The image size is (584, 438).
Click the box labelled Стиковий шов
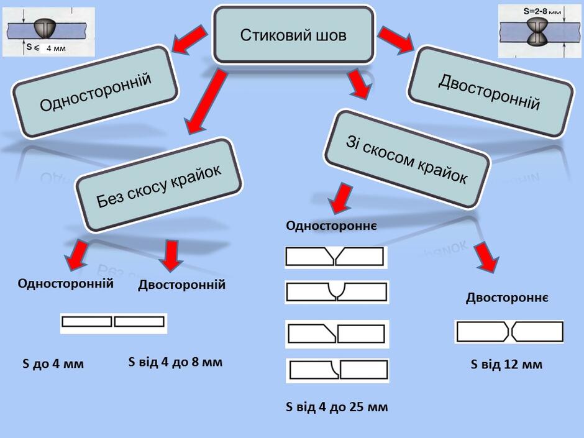(293, 35)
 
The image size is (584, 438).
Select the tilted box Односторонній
(95, 92)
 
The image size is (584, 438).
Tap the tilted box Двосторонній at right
(490, 92)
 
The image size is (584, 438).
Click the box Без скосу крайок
(159, 185)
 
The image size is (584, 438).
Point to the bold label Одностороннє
(332, 226)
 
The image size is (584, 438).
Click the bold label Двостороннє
(507, 298)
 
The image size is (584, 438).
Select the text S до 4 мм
(53, 363)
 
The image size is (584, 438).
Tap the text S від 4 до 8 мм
(175, 362)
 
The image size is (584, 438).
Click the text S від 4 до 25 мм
(337, 407)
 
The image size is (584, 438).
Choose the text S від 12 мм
(506, 364)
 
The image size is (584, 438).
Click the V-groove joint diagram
(336, 257)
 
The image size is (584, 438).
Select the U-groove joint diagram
(337, 292)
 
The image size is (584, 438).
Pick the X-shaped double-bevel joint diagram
(509, 332)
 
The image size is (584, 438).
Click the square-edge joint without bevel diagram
(114, 323)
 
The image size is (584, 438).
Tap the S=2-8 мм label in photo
(542, 12)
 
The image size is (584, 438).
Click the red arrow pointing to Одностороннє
(342, 199)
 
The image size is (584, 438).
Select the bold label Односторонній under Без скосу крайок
(66, 283)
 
